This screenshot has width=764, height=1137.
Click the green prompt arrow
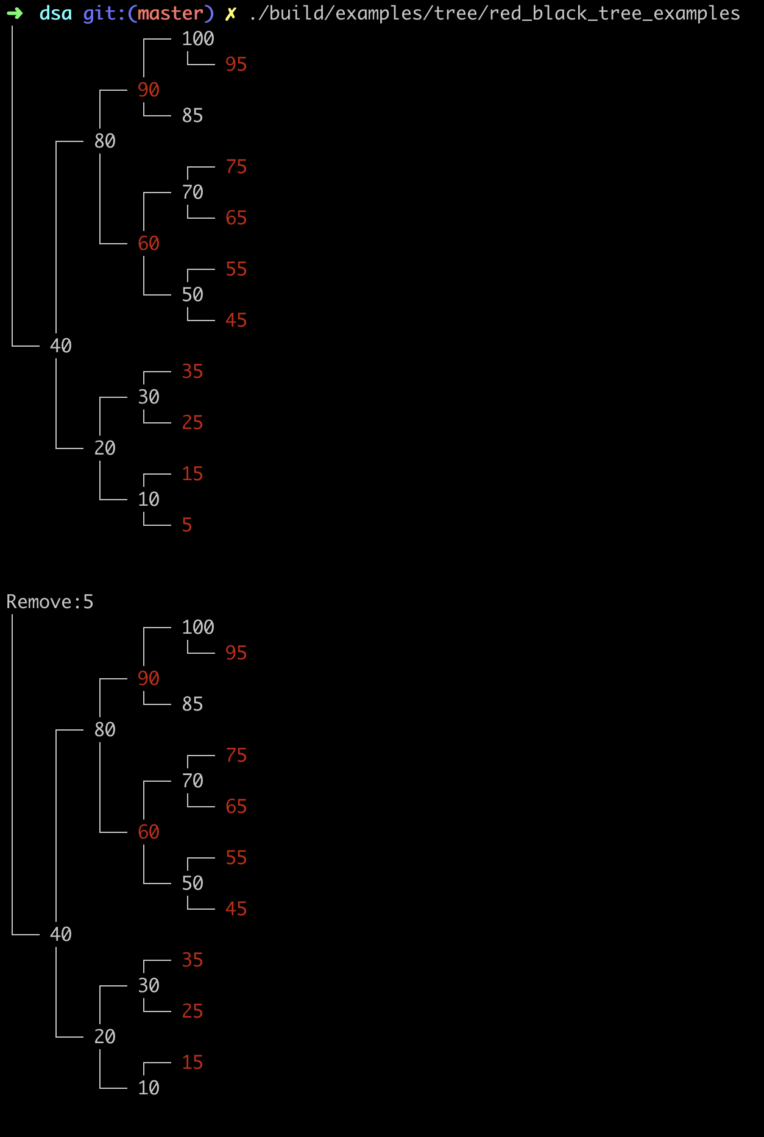(15, 13)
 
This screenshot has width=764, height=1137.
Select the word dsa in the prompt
(55, 13)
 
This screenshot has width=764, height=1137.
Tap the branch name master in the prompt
(171, 13)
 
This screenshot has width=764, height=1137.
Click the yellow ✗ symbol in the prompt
(230, 13)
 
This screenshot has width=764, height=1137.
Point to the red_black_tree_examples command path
(495, 13)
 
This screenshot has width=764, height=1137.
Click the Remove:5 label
(50, 601)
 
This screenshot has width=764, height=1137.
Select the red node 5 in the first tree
(187, 525)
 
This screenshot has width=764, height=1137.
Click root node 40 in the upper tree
(61, 345)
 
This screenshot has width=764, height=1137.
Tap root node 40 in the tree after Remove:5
(61, 934)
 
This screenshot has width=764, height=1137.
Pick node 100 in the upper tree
(198, 38)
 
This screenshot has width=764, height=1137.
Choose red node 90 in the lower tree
(149, 678)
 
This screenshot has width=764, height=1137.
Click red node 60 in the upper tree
(149, 243)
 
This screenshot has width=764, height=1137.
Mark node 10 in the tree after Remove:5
(149, 1088)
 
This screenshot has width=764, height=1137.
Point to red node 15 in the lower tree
(193, 1062)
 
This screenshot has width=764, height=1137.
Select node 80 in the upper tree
(105, 141)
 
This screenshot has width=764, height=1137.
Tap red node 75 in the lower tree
(236, 755)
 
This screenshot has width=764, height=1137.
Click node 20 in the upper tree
(105, 448)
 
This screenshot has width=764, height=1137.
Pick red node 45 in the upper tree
(236, 320)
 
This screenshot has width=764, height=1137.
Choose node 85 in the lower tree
(193, 704)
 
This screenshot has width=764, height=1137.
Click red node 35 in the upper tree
(193, 371)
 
